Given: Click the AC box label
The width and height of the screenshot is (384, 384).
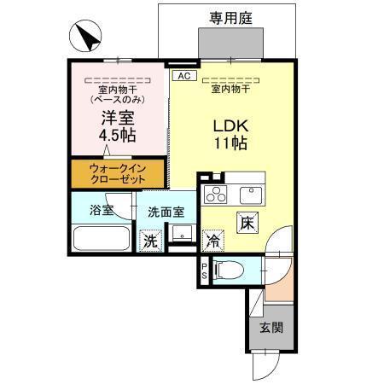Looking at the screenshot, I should [182, 76].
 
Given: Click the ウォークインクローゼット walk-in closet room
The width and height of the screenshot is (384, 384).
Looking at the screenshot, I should [117, 174].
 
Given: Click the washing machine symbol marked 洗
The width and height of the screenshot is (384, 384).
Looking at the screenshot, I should [150, 241].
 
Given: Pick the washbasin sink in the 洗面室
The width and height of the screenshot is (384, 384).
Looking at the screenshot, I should [180, 235].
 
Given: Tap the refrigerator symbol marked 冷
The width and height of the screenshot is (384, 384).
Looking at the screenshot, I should [212, 241].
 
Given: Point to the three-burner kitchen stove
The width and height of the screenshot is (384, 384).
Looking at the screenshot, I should [216, 193].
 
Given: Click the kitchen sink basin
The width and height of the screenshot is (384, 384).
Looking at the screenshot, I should [250, 192].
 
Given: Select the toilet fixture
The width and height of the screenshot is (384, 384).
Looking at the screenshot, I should [229, 271].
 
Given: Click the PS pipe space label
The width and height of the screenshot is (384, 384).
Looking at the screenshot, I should [203, 271].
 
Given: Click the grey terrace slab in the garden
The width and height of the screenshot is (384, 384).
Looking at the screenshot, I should [227, 42].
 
